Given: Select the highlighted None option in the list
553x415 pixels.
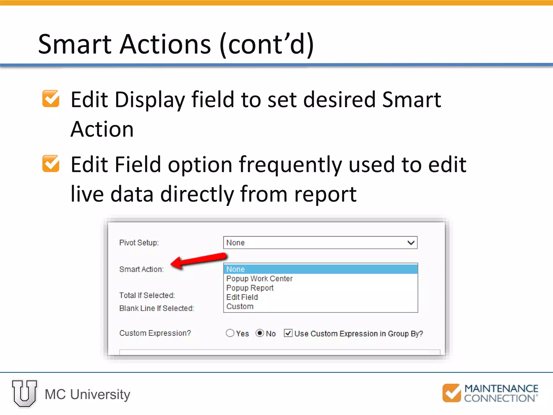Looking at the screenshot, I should point(320,269).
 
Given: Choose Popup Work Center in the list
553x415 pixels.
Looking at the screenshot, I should point(259,279).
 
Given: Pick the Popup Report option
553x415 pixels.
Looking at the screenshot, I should point(250,288).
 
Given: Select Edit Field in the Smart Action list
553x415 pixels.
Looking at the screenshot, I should point(242,297).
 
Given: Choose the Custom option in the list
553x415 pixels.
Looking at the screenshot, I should point(240,307).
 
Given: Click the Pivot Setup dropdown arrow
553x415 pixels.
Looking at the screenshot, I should point(411,243).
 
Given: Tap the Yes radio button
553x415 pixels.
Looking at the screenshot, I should point(230,333).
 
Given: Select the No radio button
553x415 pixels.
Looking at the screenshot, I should point(260,333).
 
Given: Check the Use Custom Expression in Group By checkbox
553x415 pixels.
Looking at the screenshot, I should point(288,333).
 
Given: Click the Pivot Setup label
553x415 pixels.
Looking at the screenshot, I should point(139,243).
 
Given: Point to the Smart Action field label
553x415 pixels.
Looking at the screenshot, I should point(141,269).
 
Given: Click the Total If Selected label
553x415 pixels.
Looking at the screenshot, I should point(147,295).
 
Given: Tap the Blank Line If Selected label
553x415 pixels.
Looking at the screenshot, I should point(157,308).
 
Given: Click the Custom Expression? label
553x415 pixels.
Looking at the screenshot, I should point(155,333).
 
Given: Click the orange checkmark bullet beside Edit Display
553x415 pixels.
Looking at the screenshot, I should point(51,99).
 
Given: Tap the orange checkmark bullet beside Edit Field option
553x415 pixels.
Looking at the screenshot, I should point(51,164).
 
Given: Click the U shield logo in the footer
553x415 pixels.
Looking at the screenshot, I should point(25,393).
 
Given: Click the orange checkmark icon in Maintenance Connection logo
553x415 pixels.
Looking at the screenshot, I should point(451,393).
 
